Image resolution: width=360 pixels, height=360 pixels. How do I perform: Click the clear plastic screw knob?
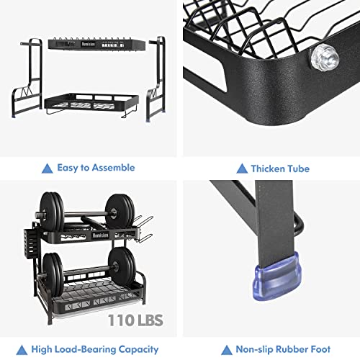[325, 58]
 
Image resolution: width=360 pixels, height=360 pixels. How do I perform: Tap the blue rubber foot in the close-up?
[276, 276]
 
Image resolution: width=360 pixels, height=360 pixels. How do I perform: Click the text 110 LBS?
[135, 320]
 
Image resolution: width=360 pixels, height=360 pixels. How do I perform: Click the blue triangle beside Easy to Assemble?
[48, 168]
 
